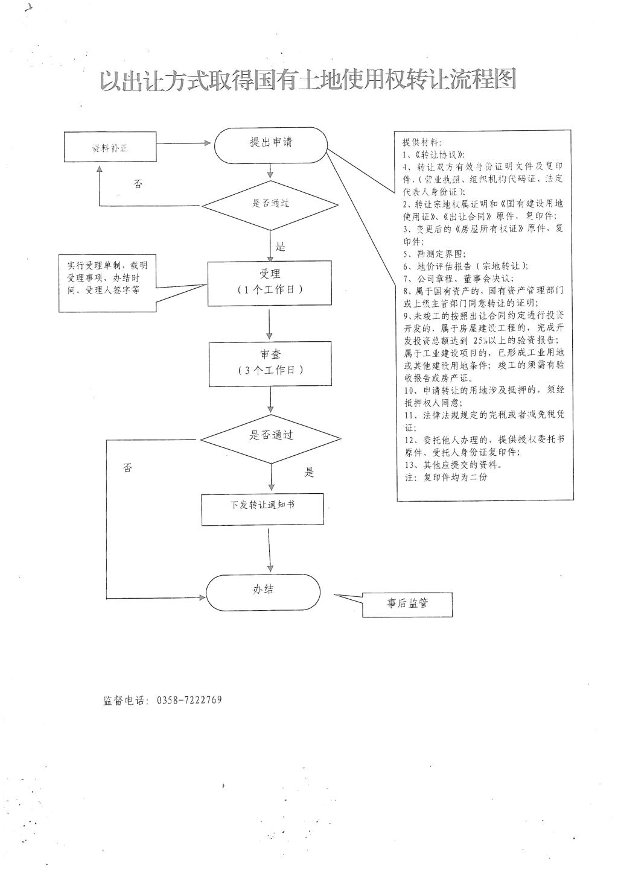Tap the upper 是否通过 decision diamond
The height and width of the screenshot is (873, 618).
point(270,203)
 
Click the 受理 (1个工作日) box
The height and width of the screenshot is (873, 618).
point(270,282)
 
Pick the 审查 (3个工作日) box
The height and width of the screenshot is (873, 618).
point(270,364)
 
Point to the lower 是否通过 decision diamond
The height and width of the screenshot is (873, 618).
point(270,435)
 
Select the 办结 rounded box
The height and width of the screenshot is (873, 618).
point(263,591)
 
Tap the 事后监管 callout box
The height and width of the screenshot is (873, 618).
point(407,603)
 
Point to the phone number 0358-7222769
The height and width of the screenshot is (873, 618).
point(190,700)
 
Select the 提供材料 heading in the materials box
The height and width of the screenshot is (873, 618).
point(421,143)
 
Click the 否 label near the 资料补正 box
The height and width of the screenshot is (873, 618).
point(138,183)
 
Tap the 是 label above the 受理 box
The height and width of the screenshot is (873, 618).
point(280,246)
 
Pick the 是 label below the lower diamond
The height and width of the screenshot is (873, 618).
point(310,472)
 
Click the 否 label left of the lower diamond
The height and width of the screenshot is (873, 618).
point(127,468)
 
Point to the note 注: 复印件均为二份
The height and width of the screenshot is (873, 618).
point(445,477)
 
